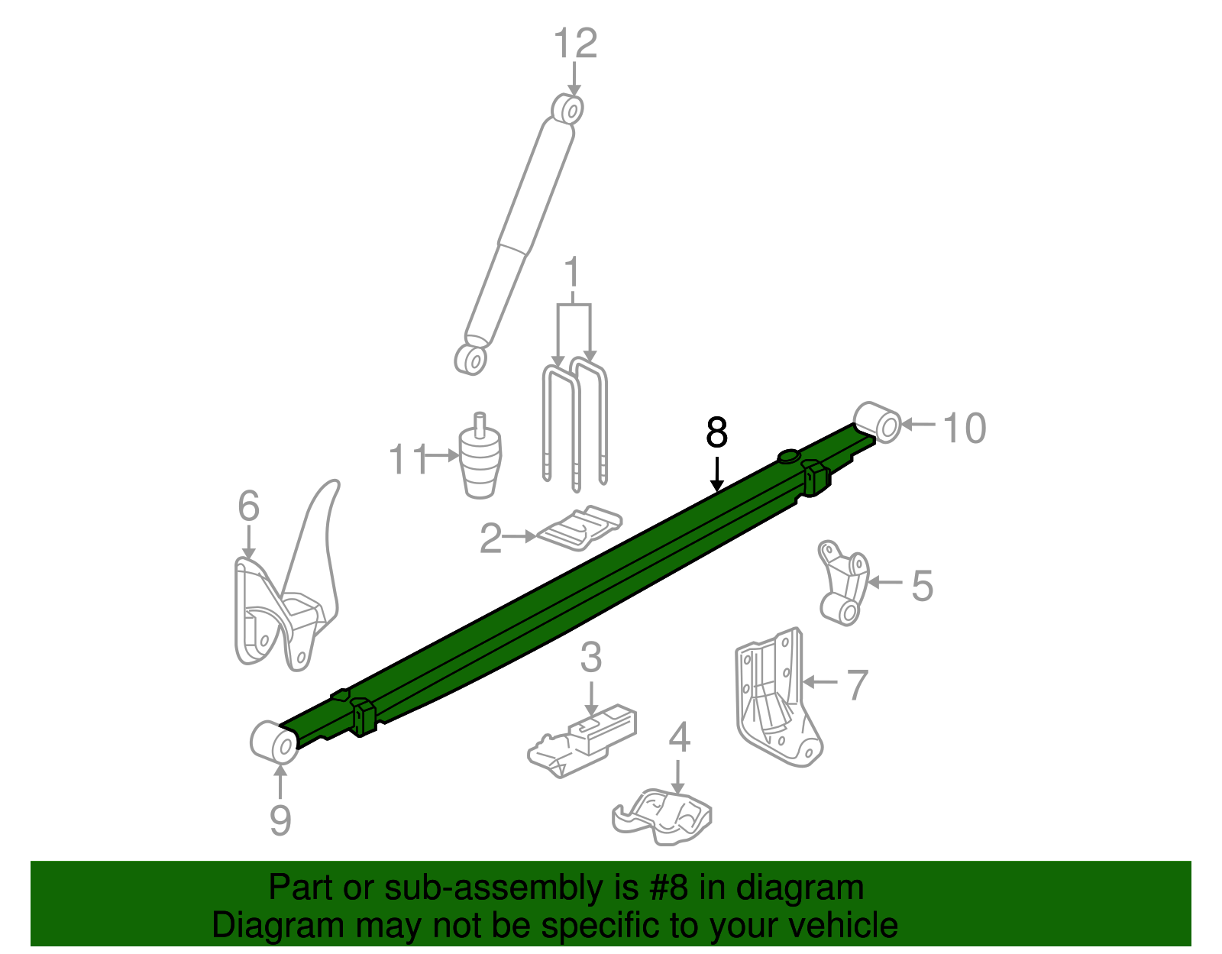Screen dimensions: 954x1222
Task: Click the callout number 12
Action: tap(575, 44)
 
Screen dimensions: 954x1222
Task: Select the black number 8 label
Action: tap(716, 433)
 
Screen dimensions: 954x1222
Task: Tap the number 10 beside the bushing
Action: tap(965, 428)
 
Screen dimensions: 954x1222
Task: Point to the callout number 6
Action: tap(248, 507)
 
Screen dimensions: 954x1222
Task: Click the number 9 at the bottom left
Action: tap(280, 820)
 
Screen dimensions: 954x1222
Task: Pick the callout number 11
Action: tap(409, 461)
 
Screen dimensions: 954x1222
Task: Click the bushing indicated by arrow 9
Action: tap(273, 742)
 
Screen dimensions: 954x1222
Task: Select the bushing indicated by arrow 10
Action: tap(878, 422)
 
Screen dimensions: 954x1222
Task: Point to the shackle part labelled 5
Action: tap(844, 584)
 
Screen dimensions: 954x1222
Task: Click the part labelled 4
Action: tap(664, 817)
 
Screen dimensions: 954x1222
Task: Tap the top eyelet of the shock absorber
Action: tap(567, 108)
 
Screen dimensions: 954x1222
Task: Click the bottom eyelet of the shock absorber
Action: tap(470, 359)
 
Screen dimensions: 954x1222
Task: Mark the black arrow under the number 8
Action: tap(716, 474)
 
